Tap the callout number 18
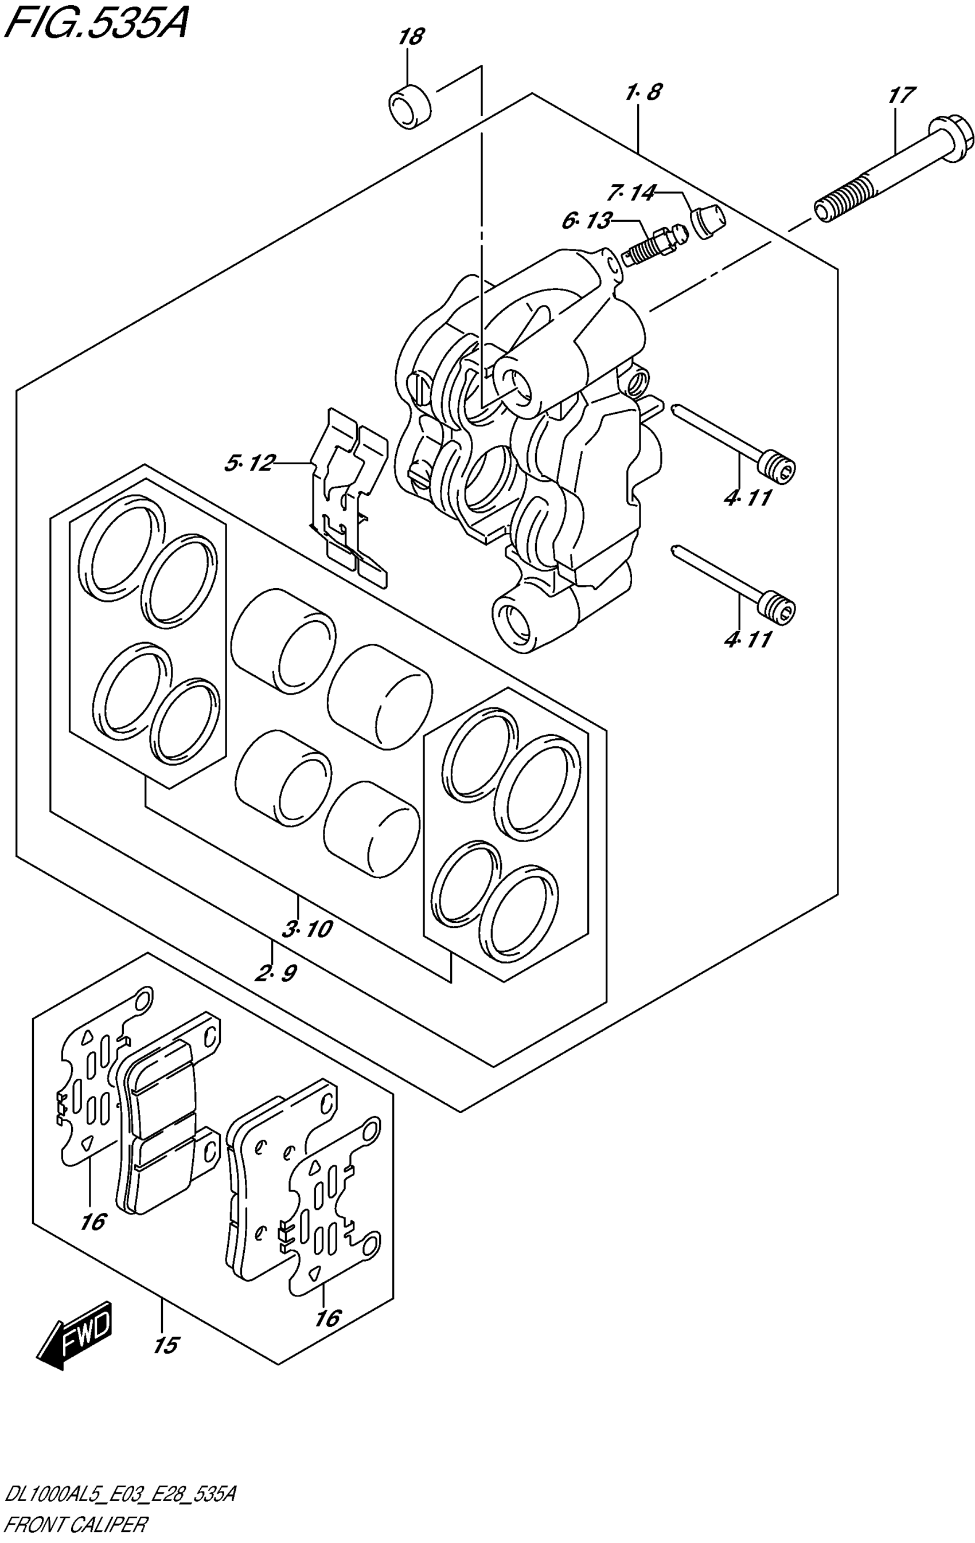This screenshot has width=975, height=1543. click(410, 37)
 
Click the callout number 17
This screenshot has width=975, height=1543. click(901, 96)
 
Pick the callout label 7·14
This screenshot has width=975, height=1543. click(632, 192)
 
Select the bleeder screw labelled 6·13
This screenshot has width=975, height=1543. click(654, 246)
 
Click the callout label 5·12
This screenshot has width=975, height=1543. click(249, 463)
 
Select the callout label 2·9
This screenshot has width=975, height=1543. click(276, 973)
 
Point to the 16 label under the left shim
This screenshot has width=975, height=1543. click(93, 1222)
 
